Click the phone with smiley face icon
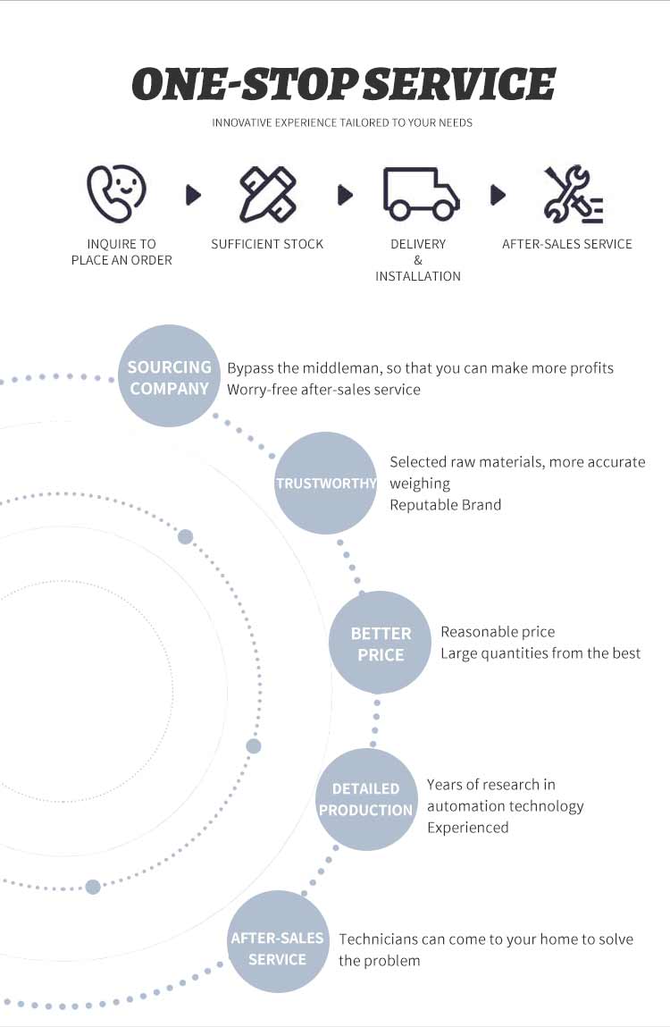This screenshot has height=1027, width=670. coord(116,194)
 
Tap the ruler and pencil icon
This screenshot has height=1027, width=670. coord(267,194)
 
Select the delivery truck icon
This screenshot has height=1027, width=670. coord(421,194)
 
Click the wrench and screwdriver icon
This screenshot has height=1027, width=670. coord(573,194)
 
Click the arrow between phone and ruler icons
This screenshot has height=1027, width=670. coord(193,195)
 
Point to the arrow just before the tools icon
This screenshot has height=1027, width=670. coord(498,195)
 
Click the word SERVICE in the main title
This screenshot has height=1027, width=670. coord(459,85)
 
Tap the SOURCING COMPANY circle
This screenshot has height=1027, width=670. coord(169,376)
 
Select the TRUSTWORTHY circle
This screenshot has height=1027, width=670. coord(325,483)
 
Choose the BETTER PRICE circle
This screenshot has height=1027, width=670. coord(380,643)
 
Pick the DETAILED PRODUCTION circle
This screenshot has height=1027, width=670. coord(366,799)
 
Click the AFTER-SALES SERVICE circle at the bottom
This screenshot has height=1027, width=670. coord(277,942)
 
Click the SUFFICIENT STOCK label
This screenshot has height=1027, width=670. coord(267,244)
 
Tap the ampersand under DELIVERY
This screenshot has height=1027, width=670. coord(418,260)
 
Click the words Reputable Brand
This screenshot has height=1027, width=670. coord(446,505)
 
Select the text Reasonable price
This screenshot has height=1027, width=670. coord(498,632)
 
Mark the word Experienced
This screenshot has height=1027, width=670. coord(467,828)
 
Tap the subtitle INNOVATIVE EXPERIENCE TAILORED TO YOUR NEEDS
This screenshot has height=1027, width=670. coord(342,122)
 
